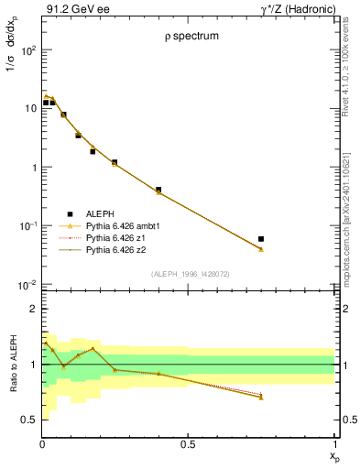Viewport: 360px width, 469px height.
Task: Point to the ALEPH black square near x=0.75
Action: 261,239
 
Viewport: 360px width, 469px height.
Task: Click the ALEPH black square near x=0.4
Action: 158,190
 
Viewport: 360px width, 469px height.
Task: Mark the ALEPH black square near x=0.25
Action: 115,162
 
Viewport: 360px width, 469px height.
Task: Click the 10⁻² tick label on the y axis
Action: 27,285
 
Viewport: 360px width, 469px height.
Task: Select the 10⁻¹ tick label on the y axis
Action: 27,226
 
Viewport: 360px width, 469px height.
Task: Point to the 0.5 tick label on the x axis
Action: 188,447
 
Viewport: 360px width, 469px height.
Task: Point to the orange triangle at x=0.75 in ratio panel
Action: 261,398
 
